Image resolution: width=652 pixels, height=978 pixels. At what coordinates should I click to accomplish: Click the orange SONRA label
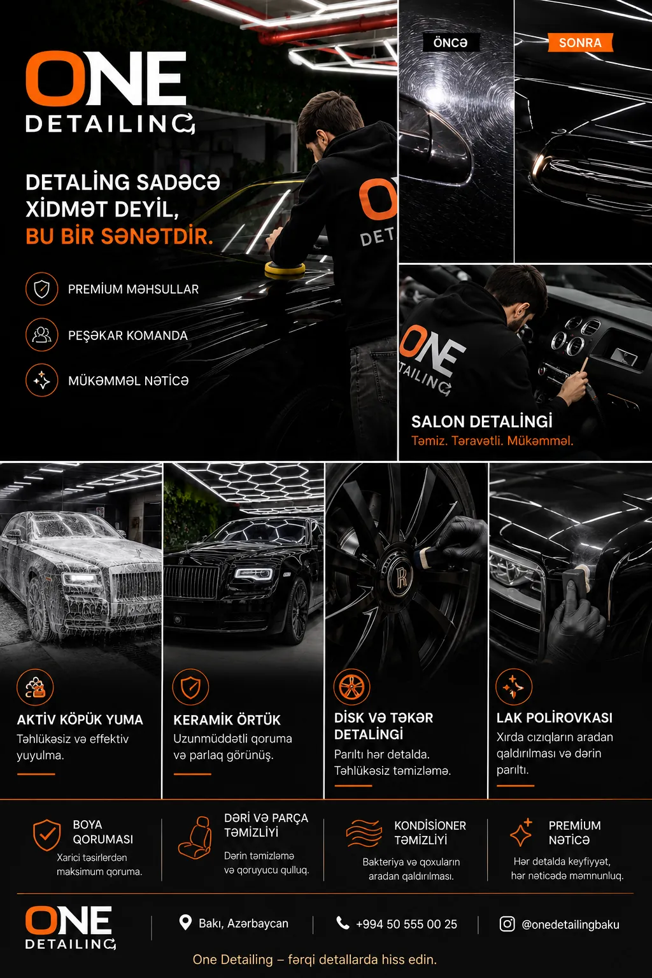click(581, 43)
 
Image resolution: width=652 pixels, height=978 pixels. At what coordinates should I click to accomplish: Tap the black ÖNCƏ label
click(450, 43)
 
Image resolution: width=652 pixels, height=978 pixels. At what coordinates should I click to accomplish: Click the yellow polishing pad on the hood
click(285, 269)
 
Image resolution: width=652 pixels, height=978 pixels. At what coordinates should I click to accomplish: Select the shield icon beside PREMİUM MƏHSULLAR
click(41, 288)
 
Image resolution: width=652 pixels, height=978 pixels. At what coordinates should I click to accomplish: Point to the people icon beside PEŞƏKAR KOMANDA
click(41, 335)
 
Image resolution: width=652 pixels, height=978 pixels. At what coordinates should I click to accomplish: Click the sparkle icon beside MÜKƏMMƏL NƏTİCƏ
click(41, 380)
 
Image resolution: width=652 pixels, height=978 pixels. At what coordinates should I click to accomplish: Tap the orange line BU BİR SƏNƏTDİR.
click(119, 236)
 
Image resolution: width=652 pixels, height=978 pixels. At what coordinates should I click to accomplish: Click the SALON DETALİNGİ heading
click(482, 422)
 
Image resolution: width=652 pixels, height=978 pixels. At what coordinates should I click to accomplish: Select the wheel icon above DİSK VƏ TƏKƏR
click(351, 687)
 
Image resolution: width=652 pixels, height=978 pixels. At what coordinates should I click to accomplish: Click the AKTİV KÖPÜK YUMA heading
click(80, 719)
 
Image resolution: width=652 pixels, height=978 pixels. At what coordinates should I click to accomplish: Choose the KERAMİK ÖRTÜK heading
click(227, 719)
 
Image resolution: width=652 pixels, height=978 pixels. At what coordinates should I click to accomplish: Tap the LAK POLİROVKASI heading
click(554, 718)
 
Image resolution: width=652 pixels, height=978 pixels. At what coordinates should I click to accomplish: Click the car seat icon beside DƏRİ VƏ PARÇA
click(195, 837)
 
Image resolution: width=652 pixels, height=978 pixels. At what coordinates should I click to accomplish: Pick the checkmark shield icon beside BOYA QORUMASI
click(46, 835)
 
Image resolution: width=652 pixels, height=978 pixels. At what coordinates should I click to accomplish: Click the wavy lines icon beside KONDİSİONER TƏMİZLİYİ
click(364, 833)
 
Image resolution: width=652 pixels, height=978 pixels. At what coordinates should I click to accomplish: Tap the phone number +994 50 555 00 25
click(407, 924)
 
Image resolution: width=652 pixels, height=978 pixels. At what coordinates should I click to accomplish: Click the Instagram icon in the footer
click(507, 923)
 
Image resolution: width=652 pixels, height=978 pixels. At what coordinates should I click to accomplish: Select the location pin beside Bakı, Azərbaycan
click(185, 923)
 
